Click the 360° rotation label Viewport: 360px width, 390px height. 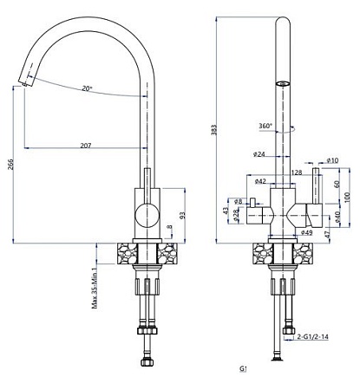click(265, 126)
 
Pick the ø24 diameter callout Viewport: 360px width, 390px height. click(259, 154)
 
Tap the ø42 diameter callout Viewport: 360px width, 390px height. click(259, 181)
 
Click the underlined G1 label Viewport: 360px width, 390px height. click(245, 368)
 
